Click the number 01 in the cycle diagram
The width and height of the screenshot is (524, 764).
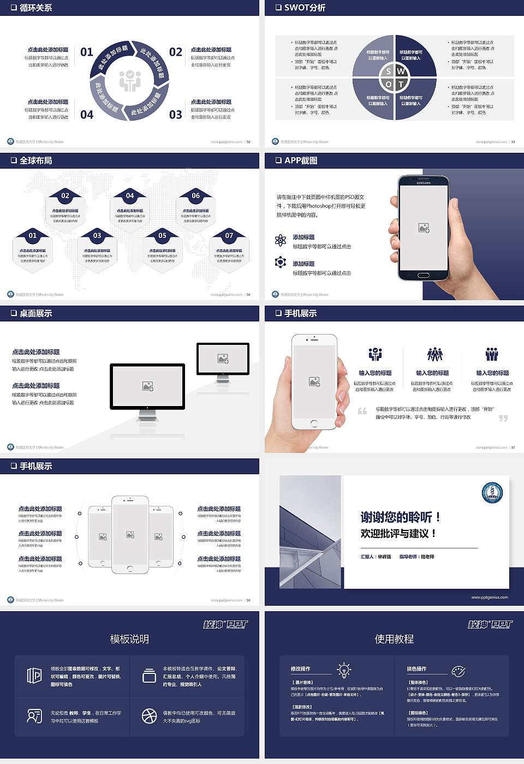[87, 52]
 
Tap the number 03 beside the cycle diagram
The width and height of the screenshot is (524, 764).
[175, 115]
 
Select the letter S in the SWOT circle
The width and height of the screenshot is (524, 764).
[389, 71]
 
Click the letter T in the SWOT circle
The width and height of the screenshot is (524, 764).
[401, 84]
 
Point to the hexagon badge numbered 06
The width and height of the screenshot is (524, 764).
[195, 195]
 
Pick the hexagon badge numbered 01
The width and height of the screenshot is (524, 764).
[33, 236]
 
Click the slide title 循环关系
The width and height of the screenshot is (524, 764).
[36, 8]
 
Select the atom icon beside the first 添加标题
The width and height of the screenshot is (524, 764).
[281, 240]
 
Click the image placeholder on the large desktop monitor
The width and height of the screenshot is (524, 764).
[147, 386]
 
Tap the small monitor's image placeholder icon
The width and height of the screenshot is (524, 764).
[223, 359]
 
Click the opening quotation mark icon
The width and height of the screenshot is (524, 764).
[362, 411]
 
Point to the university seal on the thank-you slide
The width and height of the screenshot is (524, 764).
[492, 493]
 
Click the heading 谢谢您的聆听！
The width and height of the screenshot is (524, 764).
[400, 517]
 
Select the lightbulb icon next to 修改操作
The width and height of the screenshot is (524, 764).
[344, 670]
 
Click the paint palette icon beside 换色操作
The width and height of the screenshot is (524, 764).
[458, 671]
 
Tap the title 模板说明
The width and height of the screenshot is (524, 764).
[129, 639]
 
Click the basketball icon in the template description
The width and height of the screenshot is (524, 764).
[149, 716]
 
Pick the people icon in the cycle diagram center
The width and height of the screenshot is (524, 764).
[130, 81]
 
